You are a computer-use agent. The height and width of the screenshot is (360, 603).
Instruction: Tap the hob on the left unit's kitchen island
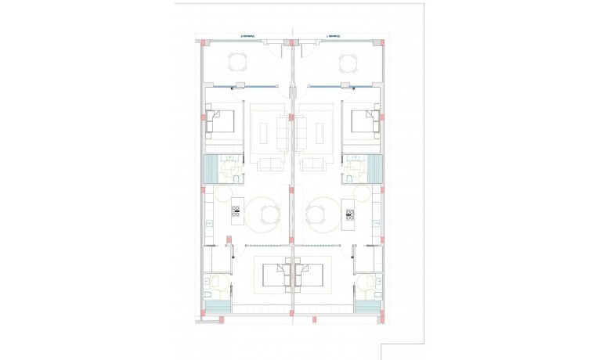click(x=236, y=211)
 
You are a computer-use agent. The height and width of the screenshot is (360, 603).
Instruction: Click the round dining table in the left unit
click(x=266, y=213)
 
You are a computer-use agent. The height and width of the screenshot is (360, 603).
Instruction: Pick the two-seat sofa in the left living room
click(x=271, y=164)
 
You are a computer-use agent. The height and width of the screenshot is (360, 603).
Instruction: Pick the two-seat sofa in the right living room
click(x=315, y=164)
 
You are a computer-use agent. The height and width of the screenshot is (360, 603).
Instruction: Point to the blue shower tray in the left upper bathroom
click(x=210, y=168)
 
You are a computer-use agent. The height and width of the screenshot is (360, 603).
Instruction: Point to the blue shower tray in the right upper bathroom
click(x=376, y=168)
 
